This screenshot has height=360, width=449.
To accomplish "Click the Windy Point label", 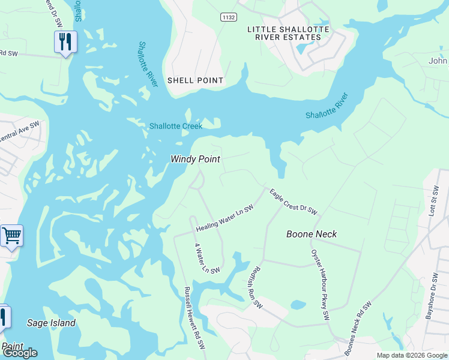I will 195,159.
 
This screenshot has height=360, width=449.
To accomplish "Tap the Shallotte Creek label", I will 175,126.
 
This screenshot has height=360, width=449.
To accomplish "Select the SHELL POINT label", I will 195,80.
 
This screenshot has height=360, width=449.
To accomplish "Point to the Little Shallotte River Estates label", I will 284,33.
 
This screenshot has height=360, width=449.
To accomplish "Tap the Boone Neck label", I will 312,234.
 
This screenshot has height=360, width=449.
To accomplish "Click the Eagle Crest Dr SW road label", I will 293,202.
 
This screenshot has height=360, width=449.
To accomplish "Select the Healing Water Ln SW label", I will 224,218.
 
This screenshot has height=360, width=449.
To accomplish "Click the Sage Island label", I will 52,323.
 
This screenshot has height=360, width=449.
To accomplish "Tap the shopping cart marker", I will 11,236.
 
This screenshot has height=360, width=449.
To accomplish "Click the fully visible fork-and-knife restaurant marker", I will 65,41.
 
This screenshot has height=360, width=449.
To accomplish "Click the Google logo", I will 19,353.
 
